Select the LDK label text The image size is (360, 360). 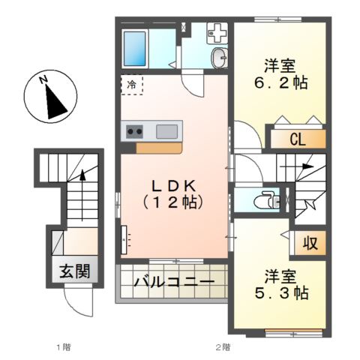click(x=174, y=184)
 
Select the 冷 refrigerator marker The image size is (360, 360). click(x=132, y=85)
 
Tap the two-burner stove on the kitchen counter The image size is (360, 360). click(x=135, y=131)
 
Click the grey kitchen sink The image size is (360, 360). click(x=166, y=131)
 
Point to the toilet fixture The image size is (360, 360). click(x=263, y=201)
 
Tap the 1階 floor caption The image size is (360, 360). click(x=62, y=347)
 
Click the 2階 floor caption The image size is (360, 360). click(x=222, y=347)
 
